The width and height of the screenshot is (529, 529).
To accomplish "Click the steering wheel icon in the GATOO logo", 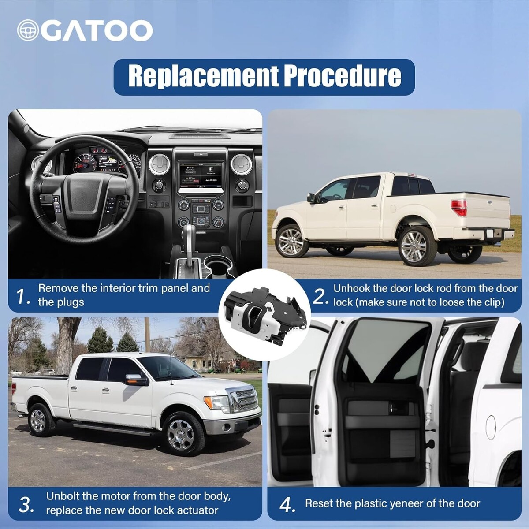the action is coord(28,30).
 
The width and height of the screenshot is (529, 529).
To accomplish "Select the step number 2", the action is coord(320,297).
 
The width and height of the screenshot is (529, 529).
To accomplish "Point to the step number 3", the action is coord(26,505).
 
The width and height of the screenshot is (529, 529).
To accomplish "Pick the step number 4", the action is coord(287,505).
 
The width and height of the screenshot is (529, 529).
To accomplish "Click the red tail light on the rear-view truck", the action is coord(459,208).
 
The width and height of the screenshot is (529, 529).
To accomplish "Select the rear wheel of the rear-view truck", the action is coord(417,246).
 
